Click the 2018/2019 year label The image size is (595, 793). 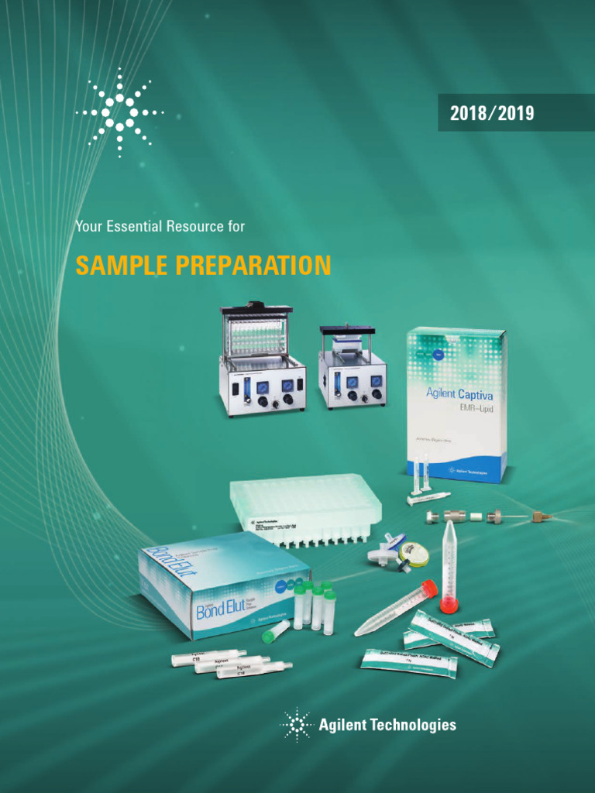tap(492, 113)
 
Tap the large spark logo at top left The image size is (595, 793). tap(119, 113)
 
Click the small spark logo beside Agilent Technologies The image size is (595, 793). tap(295, 725)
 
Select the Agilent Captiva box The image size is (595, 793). tap(457, 403)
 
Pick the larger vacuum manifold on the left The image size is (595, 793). tap(262, 360)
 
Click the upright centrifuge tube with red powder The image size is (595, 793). tap(447, 565)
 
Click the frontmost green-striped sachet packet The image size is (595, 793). tap(408, 662)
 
